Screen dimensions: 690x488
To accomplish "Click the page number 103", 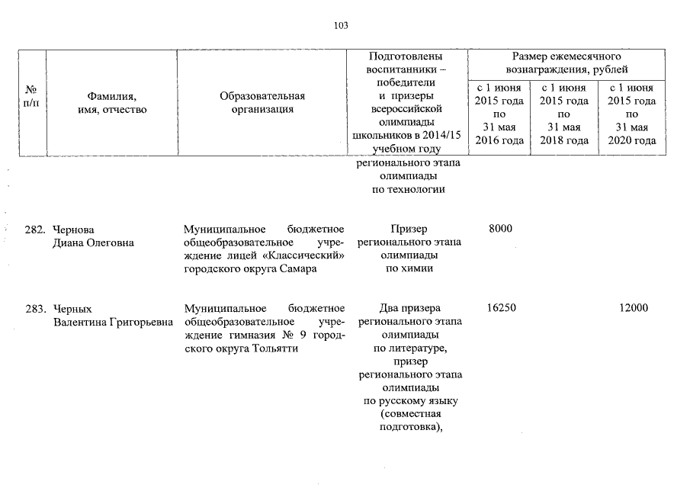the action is click(341, 25).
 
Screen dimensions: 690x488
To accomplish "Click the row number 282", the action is click(36, 230).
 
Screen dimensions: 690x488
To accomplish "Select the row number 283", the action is click(36, 309).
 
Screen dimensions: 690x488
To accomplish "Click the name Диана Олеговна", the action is click(94, 243).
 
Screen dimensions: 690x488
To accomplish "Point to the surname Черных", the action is click(72, 309).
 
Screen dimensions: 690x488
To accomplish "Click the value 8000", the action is click(499, 230).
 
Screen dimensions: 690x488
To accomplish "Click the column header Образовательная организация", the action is click(262, 102).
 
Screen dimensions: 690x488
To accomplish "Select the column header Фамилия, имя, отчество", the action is click(111, 102).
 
